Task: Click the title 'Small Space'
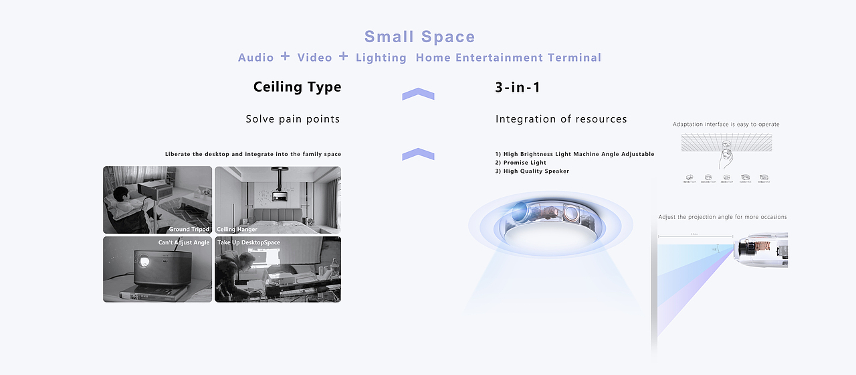(x=419, y=37)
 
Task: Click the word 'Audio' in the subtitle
(x=255, y=58)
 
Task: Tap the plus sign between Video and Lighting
(x=343, y=56)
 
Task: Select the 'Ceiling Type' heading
(x=297, y=87)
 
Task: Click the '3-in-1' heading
(x=518, y=87)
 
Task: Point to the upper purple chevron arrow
(x=418, y=94)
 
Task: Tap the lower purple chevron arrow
(x=418, y=155)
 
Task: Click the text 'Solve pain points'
(x=292, y=119)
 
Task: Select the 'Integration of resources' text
(x=561, y=119)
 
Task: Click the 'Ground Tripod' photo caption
(x=189, y=229)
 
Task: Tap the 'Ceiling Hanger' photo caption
(x=237, y=229)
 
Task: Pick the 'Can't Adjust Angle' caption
(x=183, y=242)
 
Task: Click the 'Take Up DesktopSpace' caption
(x=248, y=242)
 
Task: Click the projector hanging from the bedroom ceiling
(x=280, y=195)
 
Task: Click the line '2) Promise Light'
(x=520, y=163)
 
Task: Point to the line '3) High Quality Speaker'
(x=532, y=171)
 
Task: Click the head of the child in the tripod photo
(x=121, y=195)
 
